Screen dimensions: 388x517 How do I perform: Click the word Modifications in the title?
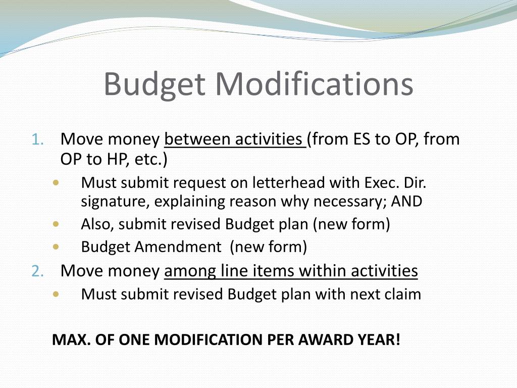pos(315,84)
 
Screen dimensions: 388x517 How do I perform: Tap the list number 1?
pos(38,139)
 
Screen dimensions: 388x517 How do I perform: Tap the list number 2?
pos(38,272)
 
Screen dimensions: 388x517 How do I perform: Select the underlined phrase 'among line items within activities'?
pos(291,271)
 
